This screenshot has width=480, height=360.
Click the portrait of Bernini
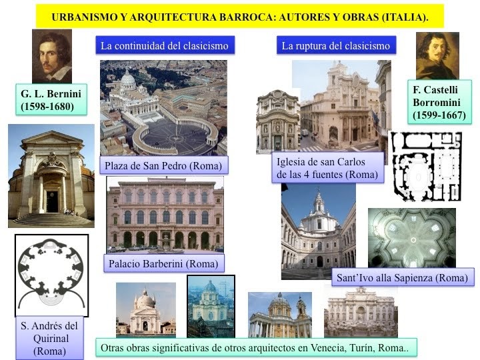[x=51, y=57]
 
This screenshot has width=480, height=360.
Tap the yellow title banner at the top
[x=240, y=15]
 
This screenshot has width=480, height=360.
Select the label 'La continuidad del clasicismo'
[x=164, y=46]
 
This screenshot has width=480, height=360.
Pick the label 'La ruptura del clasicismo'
[x=335, y=46]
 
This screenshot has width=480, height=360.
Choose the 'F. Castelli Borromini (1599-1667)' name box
[x=440, y=101]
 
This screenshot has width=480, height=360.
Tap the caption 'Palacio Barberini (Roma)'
[x=163, y=263]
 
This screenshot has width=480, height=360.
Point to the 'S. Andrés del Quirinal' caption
[x=51, y=337]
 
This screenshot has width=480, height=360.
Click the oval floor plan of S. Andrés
[x=51, y=275]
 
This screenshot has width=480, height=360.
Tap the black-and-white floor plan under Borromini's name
[x=425, y=166]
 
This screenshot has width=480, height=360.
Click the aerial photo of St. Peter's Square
[x=163, y=107]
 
